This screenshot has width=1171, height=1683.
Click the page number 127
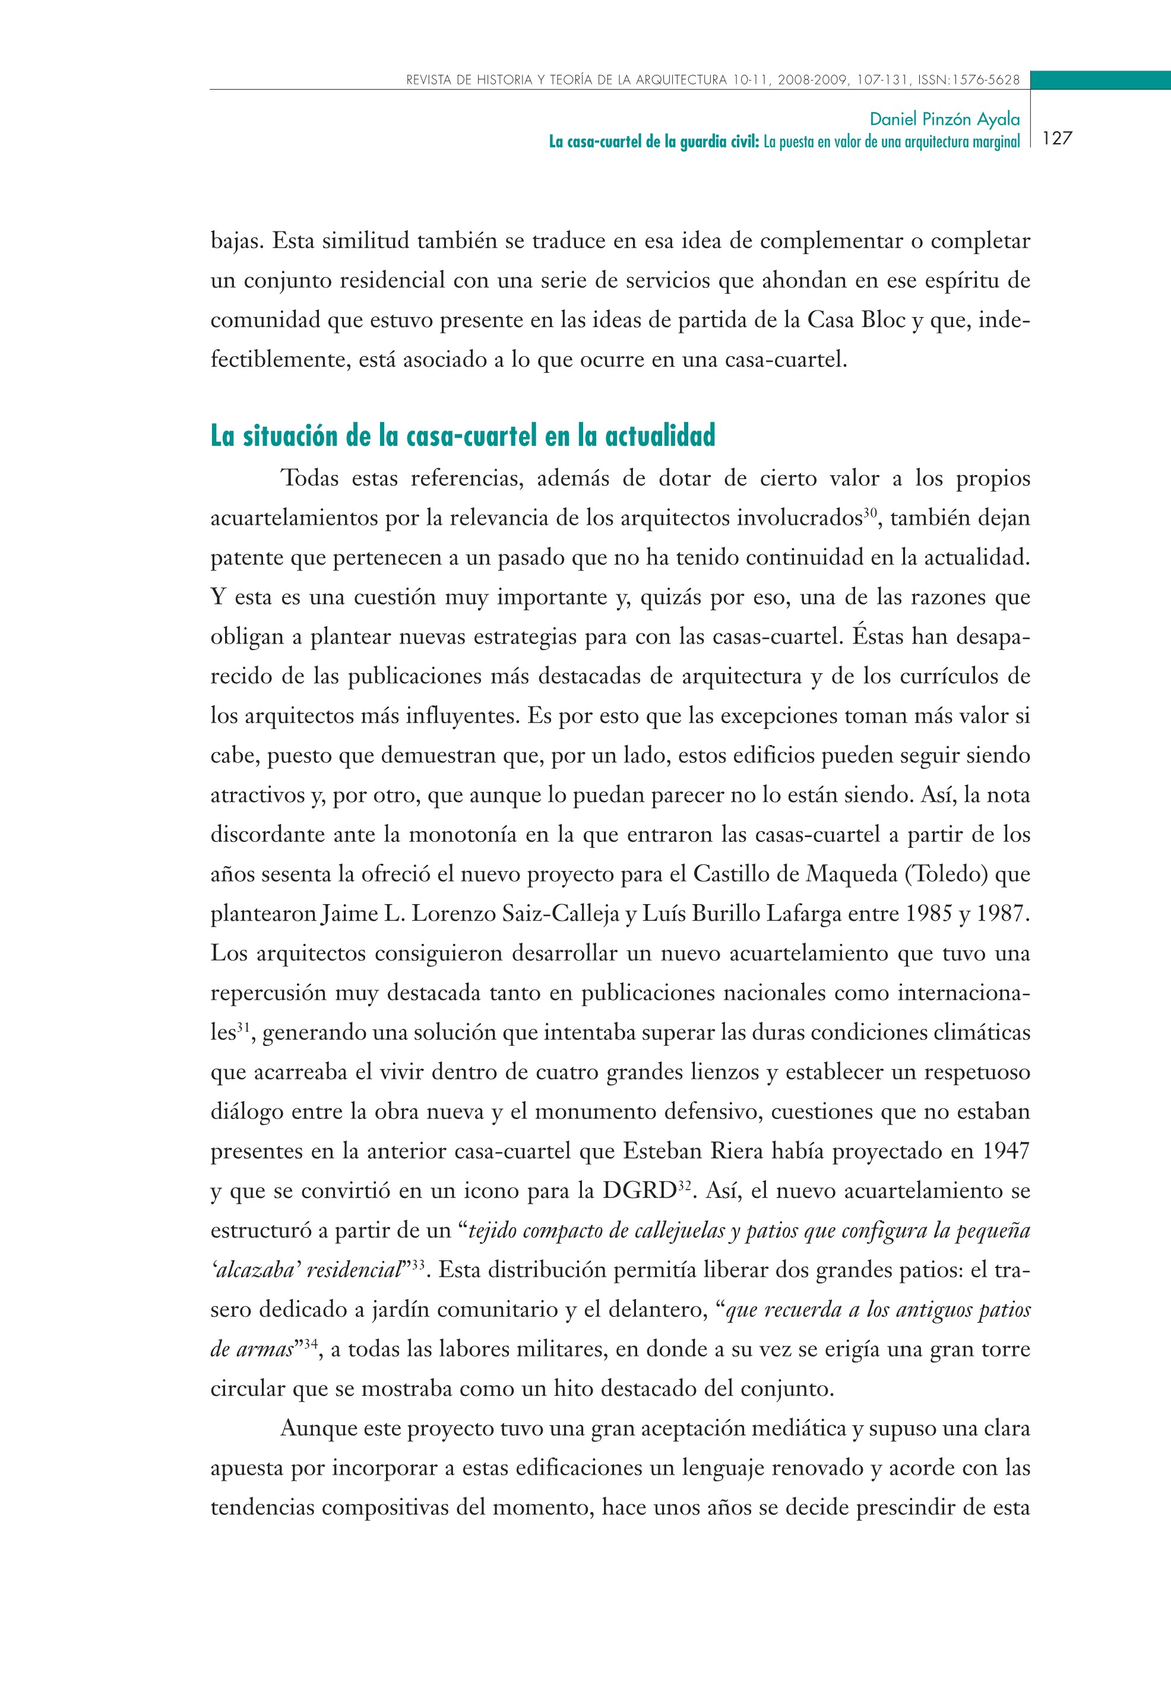[x=1056, y=138]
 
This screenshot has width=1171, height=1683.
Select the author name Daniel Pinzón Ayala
[x=944, y=119]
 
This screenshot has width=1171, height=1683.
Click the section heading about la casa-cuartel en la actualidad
[x=463, y=436]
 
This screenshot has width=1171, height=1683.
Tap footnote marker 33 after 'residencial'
[x=417, y=1264]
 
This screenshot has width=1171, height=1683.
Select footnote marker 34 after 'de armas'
[x=310, y=1343]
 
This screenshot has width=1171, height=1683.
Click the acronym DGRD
[x=637, y=1191]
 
